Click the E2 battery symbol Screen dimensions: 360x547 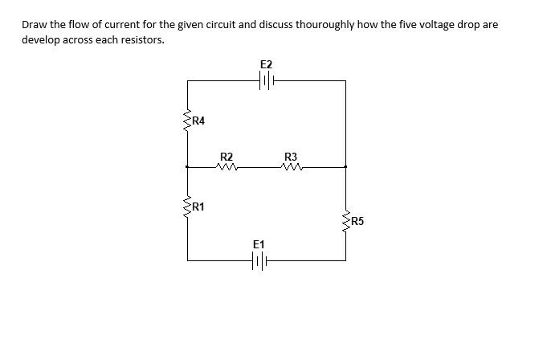point(267,80)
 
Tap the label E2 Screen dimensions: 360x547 point(267,63)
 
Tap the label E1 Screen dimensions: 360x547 point(258,243)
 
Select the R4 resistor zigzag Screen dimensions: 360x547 point(187,121)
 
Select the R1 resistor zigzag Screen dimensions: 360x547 point(187,207)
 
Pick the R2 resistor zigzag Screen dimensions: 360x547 point(227,168)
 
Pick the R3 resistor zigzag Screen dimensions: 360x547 point(292,168)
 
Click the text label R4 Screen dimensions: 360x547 point(198,121)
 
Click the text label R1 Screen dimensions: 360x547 point(198,207)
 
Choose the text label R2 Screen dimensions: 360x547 point(227,157)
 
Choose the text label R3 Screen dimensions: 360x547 point(291,157)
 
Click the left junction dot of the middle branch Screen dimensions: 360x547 point(187,167)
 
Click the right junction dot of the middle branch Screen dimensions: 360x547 point(346,167)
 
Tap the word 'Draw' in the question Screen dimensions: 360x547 point(35,25)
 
